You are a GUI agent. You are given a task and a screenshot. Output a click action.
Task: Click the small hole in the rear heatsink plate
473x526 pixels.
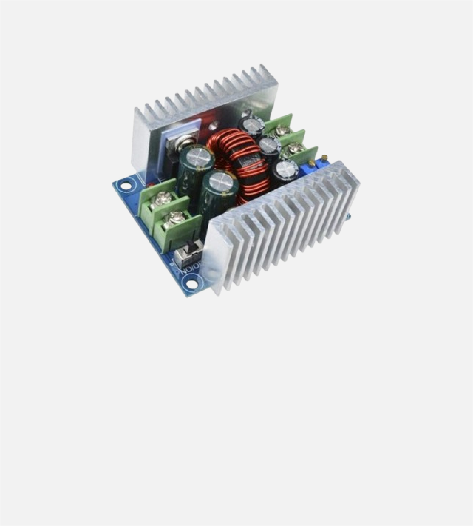click(214, 127)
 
